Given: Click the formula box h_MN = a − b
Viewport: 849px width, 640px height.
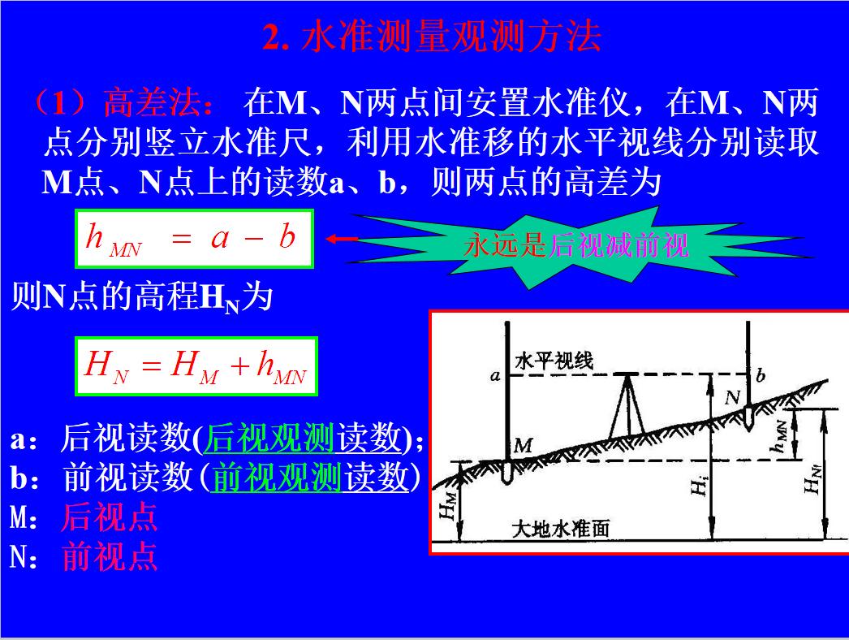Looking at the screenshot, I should click(x=194, y=239).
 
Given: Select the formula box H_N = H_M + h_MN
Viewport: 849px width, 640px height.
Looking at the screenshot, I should click(x=196, y=367).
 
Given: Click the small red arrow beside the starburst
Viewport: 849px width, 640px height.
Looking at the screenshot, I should click(x=341, y=239).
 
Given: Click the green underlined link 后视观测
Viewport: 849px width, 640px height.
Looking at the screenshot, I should click(x=270, y=439).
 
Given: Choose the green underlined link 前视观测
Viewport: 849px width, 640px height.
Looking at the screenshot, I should click(x=275, y=479).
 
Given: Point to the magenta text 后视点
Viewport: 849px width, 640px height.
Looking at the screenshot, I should click(x=109, y=518).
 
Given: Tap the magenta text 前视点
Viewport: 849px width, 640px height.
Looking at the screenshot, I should click(x=110, y=557).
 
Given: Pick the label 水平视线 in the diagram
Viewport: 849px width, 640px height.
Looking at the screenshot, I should click(x=554, y=360).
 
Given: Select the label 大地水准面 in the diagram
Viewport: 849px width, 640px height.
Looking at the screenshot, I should click(x=561, y=530).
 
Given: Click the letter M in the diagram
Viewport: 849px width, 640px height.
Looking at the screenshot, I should click(x=523, y=445).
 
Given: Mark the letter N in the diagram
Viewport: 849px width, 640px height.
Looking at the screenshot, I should click(x=731, y=397).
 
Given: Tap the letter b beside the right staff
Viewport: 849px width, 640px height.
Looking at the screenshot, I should click(x=761, y=375).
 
